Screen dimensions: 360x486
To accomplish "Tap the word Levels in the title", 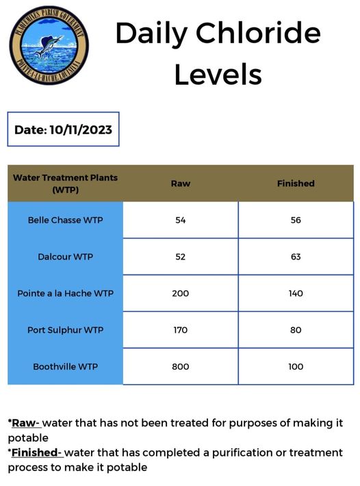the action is click(218, 74).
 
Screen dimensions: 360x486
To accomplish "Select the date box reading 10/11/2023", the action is click(64, 129).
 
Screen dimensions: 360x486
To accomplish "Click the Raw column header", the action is click(181, 183).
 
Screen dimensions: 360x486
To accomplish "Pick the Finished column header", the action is click(296, 183).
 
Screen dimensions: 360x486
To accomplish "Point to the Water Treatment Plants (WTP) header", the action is click(66, 183).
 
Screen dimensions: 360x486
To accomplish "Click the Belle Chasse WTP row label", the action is click(66, 220).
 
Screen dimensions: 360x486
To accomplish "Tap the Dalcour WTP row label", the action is click(66, 257).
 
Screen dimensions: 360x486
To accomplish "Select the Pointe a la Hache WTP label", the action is click(66, 294).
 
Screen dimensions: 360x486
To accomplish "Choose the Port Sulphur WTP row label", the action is click(66, 330).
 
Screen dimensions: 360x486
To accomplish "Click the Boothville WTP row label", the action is click(66, 367).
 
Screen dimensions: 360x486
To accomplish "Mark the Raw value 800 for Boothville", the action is click(181, 367).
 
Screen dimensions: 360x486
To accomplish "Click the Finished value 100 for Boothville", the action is click(296, 367).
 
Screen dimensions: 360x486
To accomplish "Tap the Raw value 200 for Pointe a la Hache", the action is click(181, 294).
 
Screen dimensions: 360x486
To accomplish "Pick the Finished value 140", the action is click(296, 294).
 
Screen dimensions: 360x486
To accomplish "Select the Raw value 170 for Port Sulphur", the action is click(181, 330).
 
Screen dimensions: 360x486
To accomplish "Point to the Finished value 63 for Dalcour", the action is click(296, 257).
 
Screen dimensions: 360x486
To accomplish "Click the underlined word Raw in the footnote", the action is click(25, 423).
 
